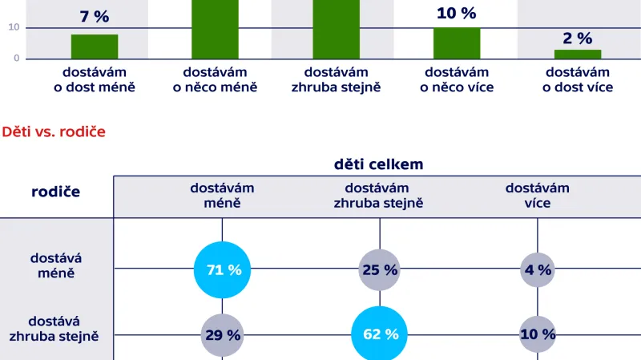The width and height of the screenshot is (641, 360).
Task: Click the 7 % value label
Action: pos(94,16)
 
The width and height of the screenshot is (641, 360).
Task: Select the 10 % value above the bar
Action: pos(457,13)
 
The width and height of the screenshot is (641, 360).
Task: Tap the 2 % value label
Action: pos(577,38)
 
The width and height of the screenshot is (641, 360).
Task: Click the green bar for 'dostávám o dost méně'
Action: pos(95,47)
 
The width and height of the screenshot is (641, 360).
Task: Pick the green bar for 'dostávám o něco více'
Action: pos(457,43)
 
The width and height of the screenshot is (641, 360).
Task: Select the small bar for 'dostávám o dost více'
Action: pos(578,54)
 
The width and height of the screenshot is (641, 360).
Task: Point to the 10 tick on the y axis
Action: pos(14,27)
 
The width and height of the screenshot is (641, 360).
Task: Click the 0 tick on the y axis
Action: pos(15,59)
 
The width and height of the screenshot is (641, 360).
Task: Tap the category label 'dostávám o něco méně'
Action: pos(215,79)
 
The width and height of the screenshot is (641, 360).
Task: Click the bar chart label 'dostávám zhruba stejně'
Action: pos(336,79)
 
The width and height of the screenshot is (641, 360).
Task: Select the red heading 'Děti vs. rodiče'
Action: pos(54,131)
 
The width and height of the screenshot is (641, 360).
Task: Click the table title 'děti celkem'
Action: pos(378,164)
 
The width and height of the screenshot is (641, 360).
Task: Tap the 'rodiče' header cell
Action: pos(55,192)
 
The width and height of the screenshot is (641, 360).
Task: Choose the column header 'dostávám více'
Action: pos(537,196)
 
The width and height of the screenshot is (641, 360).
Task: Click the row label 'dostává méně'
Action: pos(55,265)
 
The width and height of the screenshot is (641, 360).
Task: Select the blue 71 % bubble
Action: pos(223,269)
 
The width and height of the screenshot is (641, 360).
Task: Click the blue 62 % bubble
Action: pos(380,334)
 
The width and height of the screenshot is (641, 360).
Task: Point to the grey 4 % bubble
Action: pos(538,269)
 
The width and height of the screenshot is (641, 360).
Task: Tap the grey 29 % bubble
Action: pos(222,334)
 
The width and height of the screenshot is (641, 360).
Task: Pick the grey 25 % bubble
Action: pos(379,269)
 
